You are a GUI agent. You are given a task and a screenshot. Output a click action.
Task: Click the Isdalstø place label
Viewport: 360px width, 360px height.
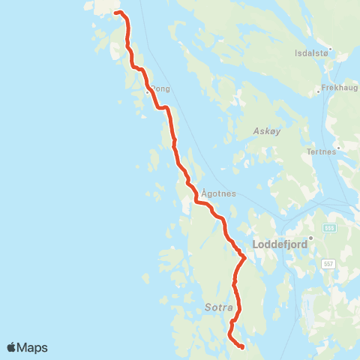[311, 54]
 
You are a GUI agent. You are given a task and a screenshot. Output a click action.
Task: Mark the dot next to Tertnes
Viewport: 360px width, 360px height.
[339, 148]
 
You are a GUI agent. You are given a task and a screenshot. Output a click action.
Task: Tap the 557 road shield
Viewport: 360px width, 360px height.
[328, 264]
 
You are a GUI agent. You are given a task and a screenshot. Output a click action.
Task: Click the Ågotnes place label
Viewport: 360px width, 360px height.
[214, 193]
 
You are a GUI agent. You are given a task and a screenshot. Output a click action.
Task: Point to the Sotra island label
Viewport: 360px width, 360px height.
[220, 307]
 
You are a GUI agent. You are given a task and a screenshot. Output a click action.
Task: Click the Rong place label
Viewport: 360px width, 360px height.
[161, 88]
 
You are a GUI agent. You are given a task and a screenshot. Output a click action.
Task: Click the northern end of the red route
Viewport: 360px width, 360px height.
[115, 12]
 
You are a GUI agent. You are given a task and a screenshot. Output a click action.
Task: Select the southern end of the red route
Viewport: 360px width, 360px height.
[241, 346]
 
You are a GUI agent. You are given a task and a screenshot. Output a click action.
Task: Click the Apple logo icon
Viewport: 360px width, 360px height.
[12, 347]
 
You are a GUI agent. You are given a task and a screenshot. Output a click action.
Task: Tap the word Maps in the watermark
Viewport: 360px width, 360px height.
[33, 348]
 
